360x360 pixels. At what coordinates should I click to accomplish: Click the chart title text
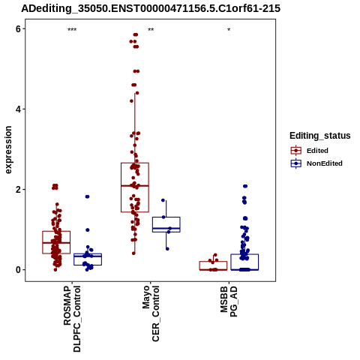coord(151,8)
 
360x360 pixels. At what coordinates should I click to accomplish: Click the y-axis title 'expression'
coord(8,150)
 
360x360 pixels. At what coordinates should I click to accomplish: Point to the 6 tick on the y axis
coord(18,29)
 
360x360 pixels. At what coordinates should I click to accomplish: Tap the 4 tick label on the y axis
coord(18,109)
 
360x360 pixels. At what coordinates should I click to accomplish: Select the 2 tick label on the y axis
coord(18,190)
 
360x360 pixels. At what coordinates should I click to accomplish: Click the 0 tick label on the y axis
coord(18,270)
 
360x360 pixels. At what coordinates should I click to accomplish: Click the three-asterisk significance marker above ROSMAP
coord(72,30)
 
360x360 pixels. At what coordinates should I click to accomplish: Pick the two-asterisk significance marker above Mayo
coord(151,30)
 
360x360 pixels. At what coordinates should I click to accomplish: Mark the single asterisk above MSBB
coord(229,30)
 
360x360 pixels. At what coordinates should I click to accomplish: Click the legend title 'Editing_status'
coord(319,136)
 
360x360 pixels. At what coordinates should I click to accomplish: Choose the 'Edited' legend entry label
coord(317,151)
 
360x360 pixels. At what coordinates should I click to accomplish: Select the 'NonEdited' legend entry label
coord(325,163)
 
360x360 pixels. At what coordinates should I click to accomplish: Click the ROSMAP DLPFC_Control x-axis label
coord(72,319)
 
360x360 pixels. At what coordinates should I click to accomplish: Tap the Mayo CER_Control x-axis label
coord(151,313)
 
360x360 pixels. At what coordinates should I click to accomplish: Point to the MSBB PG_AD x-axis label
coord(229,301)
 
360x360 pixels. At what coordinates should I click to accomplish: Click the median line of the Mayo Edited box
coord(135,186)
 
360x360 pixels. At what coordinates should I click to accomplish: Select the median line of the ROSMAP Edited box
coord(56,243)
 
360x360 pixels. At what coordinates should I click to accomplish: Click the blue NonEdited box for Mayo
coord(166,217)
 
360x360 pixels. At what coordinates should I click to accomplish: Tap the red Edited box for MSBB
coord(213,262)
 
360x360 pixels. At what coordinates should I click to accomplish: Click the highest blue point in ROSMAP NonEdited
coord(87,196)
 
